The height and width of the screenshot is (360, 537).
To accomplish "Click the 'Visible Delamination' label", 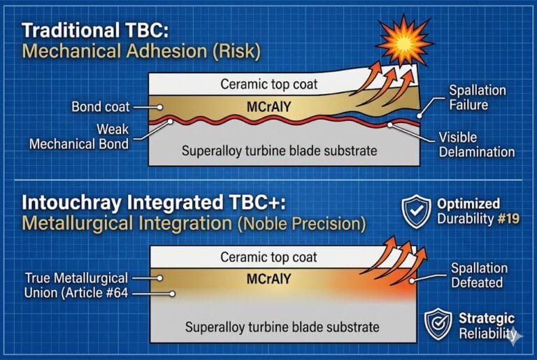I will [477, 145].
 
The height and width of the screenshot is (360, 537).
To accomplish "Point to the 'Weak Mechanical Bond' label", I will [79, 136].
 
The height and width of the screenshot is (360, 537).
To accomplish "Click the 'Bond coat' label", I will [99, 108].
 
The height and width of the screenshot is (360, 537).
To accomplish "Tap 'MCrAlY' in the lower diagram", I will [268, 279].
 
